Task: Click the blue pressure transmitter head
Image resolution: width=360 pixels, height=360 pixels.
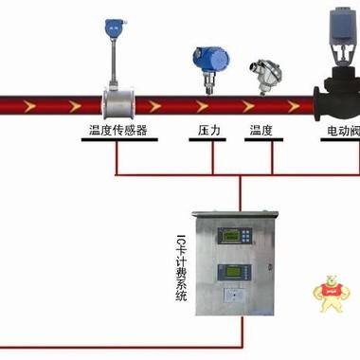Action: [x=206, y=57]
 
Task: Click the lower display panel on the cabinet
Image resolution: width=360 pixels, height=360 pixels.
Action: [x=223, y=274]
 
